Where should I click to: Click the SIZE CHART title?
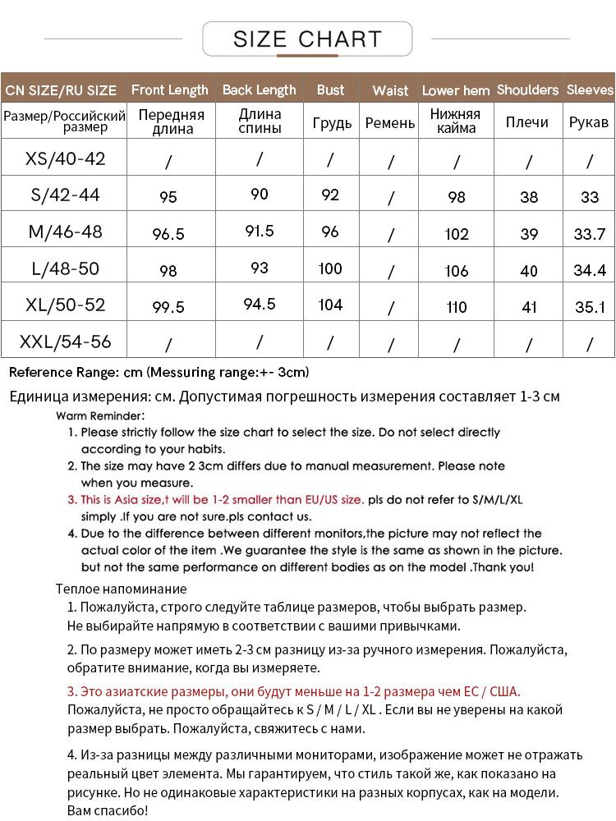tap(308, 39)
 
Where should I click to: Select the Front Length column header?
tap(170, 89)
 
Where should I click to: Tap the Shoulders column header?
tap(527, 89)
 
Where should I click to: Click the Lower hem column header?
tap(456, 90)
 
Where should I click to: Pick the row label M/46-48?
tap(65, 232)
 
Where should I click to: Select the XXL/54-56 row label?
tap(65, 341)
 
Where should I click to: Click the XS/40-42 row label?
tap(65, 158)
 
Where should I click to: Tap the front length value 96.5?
tap(168, 234)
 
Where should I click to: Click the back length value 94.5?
tap(260, 305)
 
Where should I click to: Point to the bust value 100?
tap(330, 268)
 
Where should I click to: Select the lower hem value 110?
tap(457, 307)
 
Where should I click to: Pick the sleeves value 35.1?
tap(590, 307)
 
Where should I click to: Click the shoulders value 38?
tap(529, 197)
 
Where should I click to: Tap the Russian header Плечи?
tap(527, 122)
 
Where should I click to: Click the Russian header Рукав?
tap(589, 122)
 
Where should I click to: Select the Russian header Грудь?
tap(332, 123)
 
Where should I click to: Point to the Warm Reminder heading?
tap(100, 415)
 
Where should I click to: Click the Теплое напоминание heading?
tap(121, 589)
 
